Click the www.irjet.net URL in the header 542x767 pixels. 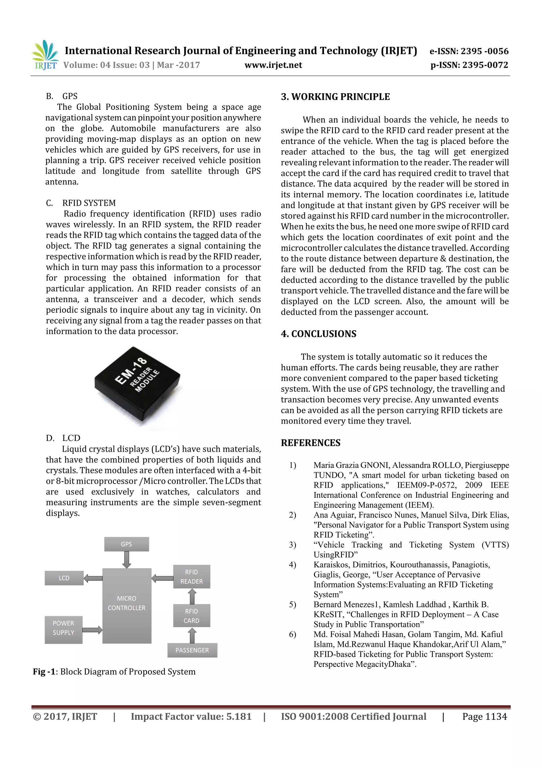pos(273,65)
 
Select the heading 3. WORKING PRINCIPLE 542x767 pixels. pos(335,97)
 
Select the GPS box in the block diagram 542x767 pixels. pos(126,544)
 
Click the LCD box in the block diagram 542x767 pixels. pos(64,578)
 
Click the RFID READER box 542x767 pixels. pos(191,577)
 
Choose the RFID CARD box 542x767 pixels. pos(191,616)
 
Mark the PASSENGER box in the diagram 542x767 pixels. pos(192,650)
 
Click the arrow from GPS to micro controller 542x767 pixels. pos(127,559)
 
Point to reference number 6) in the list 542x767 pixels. pos(292,634)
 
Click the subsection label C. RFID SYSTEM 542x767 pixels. pos(81,203)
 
